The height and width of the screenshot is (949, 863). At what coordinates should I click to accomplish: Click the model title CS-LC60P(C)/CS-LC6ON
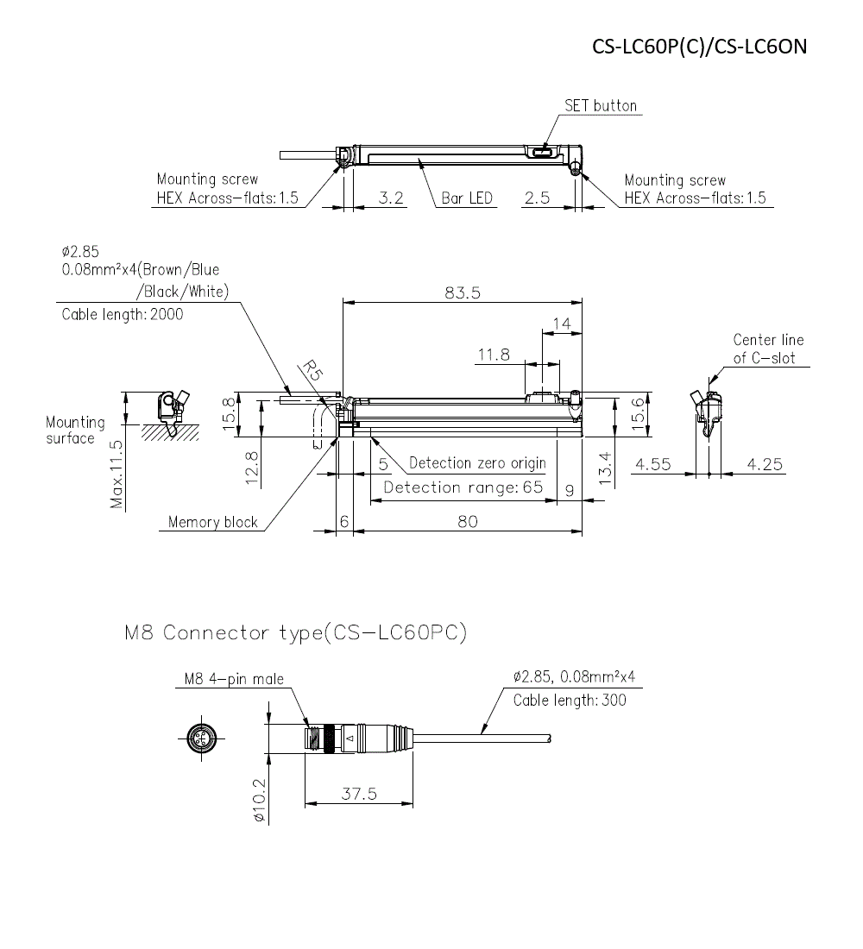coord(699,46)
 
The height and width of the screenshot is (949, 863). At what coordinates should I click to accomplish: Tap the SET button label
coord(601,106)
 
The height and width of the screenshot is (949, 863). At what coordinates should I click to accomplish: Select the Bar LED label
coord(467,198)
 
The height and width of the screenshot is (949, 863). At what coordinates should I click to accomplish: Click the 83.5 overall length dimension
coord(463,292)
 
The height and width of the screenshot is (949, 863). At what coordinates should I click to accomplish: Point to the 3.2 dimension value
coord(391,198)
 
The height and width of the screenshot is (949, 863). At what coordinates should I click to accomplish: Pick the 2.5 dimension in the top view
coord(537,198)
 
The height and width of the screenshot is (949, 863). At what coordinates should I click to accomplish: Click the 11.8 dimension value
coord(494,355)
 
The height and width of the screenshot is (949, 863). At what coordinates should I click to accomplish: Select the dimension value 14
coord(561,324)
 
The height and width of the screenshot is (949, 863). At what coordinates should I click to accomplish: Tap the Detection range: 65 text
coord(463,487)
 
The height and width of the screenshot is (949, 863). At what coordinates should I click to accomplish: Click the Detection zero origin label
coord(477,463)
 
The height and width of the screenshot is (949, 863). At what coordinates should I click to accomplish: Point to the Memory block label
coord(212,522)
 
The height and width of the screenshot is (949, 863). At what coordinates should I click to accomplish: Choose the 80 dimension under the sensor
coord(467,521)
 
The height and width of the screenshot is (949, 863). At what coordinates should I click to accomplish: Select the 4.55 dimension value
coord(653,464)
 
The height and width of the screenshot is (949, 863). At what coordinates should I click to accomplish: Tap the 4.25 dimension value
coord(765,464)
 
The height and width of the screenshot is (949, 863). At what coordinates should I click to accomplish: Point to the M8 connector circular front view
coord(205,738)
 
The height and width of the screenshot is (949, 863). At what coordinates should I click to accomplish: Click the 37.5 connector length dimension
coord(359,794)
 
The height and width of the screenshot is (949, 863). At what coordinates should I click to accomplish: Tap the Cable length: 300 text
coord(570,700)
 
